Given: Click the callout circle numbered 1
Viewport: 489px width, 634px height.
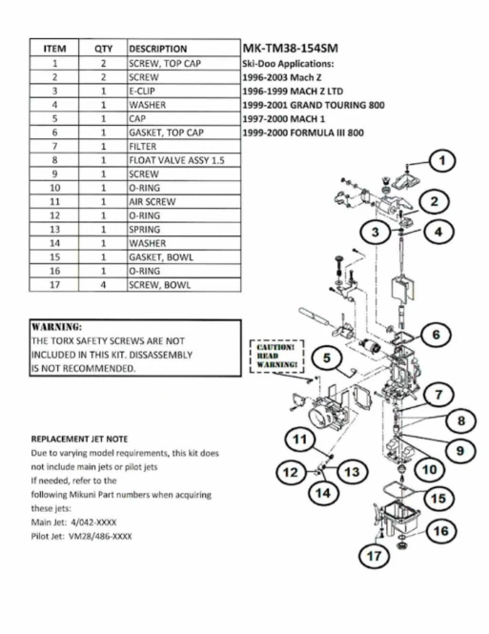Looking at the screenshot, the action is [441, 160].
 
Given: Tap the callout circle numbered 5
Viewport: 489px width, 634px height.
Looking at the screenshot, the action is [327, 358].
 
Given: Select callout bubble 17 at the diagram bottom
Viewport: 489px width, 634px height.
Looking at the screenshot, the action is [375, 556].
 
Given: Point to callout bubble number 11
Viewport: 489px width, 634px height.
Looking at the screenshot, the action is [300, 440].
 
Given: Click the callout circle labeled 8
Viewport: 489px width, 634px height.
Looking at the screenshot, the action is [461, 420].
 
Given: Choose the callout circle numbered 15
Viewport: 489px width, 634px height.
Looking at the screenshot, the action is [438, 499].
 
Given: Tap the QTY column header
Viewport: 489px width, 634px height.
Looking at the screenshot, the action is [103, 49].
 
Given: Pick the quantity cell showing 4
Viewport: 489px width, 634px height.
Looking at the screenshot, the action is [103, 285].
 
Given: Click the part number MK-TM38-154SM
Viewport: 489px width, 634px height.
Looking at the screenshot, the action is [290, 49].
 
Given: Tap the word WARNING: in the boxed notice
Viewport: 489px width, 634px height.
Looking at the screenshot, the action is [56, 327].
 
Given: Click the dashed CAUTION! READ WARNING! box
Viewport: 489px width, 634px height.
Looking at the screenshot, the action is [276, 357].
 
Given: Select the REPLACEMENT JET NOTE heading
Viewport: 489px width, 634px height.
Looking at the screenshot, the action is [79, 440].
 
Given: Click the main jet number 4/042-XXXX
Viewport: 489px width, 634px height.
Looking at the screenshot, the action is [93, 522].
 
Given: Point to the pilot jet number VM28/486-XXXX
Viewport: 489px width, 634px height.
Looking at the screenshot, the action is [100, 537].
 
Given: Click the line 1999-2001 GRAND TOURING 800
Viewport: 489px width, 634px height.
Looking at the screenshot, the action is [314, 105].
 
